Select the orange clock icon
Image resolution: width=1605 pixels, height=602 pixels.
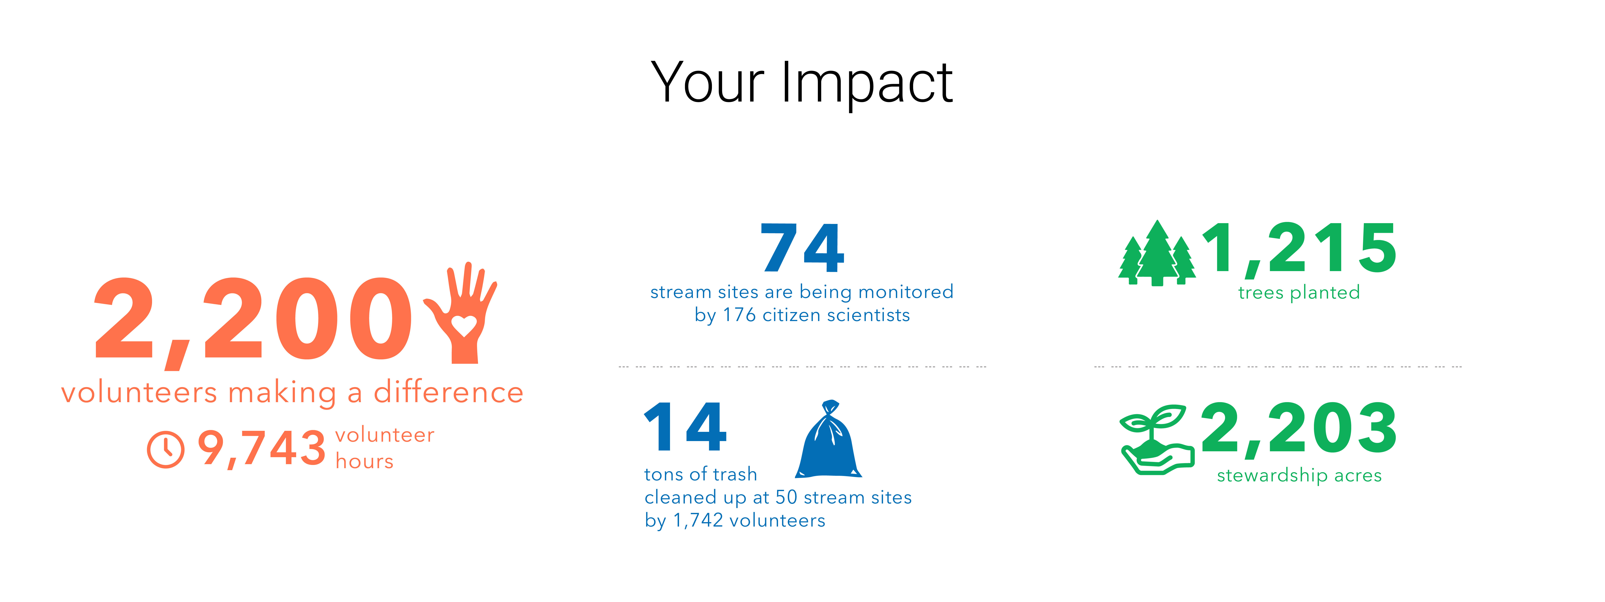coord(166,449)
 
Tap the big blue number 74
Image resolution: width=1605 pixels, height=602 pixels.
coord(802,248)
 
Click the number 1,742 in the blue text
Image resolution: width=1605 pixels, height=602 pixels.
coord(698,520)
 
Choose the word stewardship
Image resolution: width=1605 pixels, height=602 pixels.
coord(1272,476)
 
